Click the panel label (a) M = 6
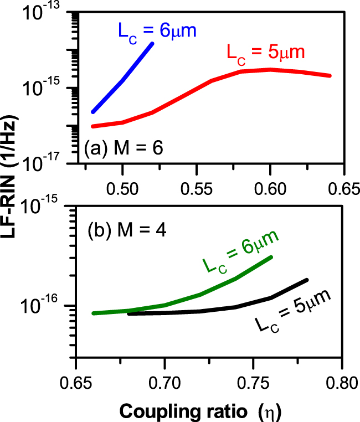click(123, 148)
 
